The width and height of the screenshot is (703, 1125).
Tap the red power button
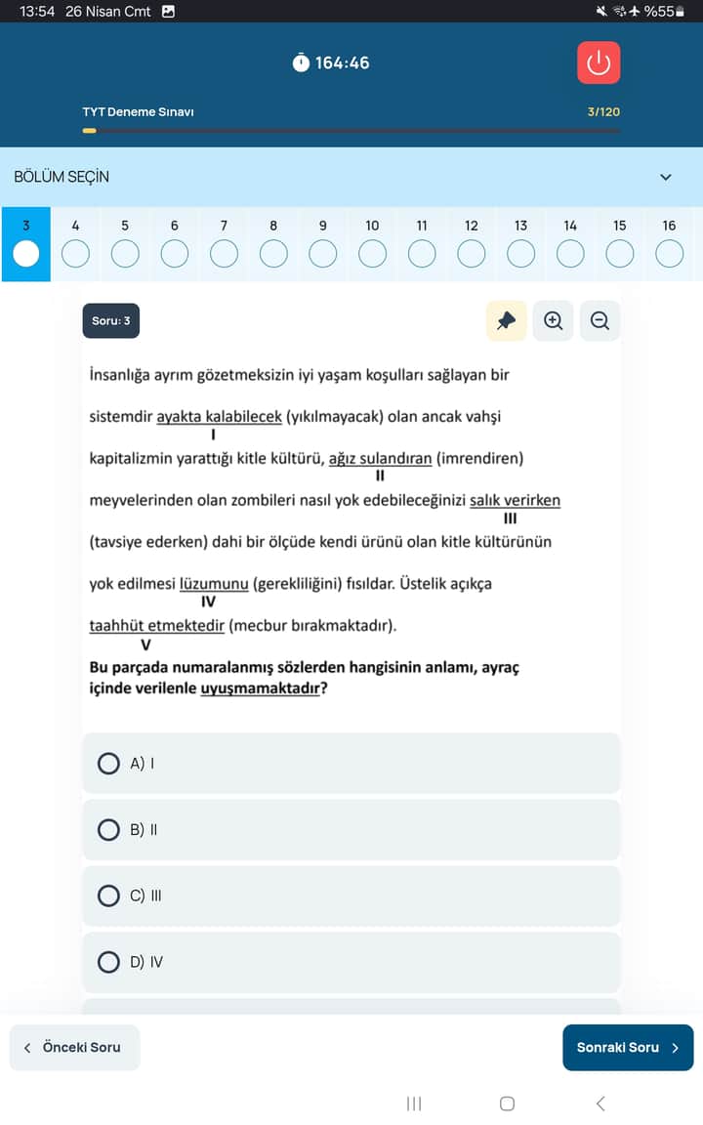pos(599,62)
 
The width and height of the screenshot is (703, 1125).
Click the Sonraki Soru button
pos(628,1048)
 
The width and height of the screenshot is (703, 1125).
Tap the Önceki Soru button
pos(74,1048)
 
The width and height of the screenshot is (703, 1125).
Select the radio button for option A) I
pos(109,763)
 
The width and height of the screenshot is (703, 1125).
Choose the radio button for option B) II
pos(109,830)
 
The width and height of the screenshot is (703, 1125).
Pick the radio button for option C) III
pos(109,896)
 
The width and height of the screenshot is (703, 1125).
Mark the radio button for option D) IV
pos(109,962)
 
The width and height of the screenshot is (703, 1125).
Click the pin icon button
pos(506,320)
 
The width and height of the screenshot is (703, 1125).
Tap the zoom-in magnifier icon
pos(554,320)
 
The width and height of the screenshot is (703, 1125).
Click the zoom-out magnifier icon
pos(600,320)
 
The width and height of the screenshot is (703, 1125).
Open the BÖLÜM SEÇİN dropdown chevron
pos(666,178)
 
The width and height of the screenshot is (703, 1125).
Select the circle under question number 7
pos(224,254)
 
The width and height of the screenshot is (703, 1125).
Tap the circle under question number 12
pos(472,254)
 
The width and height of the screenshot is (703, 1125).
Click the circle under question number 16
pos(669,254)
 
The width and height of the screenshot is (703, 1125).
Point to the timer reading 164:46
pos(342,62)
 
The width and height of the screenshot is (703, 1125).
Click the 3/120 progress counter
pos(603,112)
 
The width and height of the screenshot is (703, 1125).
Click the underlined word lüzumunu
pos(214,584)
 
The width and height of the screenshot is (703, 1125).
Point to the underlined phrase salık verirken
pos(515,501)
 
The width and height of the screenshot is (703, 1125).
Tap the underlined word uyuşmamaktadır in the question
pos(261,688)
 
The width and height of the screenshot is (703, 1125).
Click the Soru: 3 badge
pos(110,320)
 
